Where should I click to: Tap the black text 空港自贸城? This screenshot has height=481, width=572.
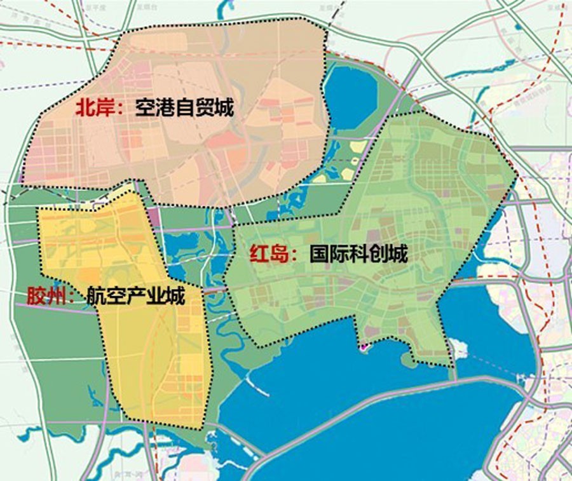pos(184,108)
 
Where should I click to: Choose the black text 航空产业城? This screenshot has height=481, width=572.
pos(135,295)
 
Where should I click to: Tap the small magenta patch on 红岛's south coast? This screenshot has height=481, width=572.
pos(363,347)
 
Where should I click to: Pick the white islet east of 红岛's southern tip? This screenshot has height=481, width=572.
pos(459,348)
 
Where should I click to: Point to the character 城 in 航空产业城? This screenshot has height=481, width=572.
pos(175,295)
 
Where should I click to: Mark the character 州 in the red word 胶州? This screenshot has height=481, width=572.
pos(57,295)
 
